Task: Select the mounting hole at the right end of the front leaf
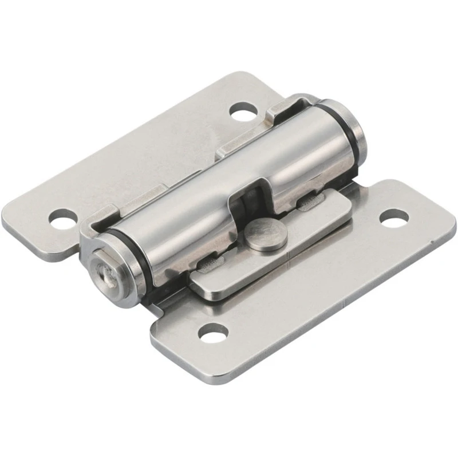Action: [x=394, y=217]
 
